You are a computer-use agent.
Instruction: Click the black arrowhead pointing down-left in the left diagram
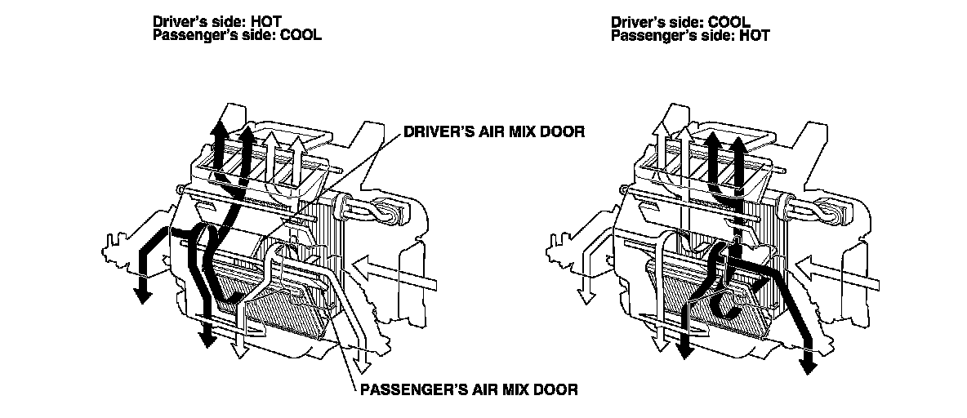(142, 292)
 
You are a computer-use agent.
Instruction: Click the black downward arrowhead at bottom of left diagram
(207, 336)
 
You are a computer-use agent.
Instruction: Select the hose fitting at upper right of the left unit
(395, 211)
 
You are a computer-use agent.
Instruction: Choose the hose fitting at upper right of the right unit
(838, 211)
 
